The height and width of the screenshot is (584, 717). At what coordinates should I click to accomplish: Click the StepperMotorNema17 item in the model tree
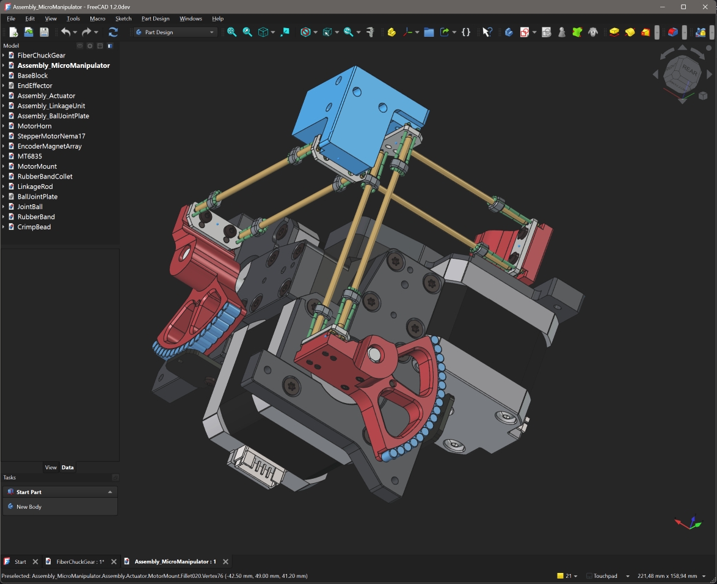coord(51,136)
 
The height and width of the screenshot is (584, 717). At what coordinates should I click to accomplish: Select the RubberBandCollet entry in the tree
coord(45,176)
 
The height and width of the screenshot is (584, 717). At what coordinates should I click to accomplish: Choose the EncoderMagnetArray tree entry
coord(49,146)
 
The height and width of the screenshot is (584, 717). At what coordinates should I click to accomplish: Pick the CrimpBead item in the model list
coord(34,227)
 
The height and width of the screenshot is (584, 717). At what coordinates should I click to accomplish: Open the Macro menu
coord(98,18)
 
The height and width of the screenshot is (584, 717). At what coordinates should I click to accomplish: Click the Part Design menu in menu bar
coord(155,18)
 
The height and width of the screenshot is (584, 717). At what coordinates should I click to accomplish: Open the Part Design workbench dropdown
coord(175,32)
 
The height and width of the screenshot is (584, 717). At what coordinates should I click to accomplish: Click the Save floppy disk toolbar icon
coord(44,32)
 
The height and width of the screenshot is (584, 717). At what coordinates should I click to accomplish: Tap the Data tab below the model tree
coord(68,467)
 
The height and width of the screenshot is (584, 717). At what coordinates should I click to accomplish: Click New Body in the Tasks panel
coord(29,506)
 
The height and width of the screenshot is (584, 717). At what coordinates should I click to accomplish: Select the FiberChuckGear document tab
coord(80,561)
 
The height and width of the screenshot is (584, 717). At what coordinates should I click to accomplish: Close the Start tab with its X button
coord(35,561)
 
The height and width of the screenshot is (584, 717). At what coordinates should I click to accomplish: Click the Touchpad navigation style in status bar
coord(605,576)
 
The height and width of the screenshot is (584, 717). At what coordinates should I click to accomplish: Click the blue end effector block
coord(342,116)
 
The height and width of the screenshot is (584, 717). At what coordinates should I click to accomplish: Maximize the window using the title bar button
coord(683,7)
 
